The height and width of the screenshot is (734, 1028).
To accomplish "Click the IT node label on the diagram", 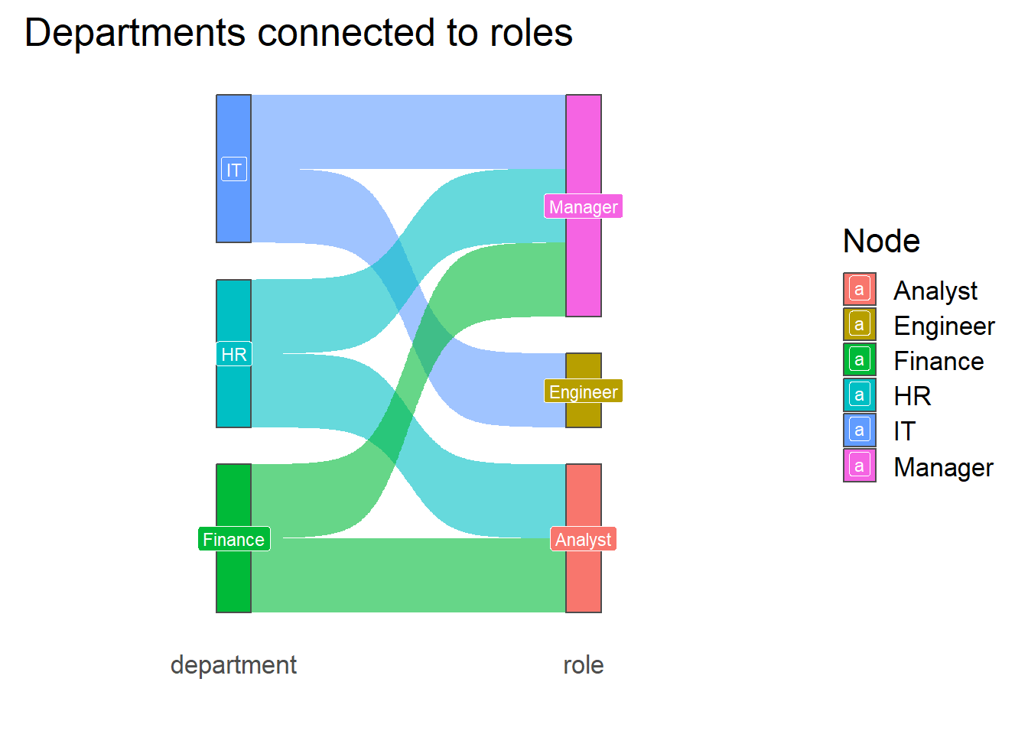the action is pos(234,169).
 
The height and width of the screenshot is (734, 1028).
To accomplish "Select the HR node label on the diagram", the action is pos(234,354).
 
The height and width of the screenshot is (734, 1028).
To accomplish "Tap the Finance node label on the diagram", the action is pos(234,538).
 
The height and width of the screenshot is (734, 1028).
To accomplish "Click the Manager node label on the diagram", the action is pos(584,206).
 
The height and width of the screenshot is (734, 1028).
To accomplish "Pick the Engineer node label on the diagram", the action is pos(584,391).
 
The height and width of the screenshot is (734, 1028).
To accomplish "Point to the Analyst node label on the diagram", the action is pos(584,538).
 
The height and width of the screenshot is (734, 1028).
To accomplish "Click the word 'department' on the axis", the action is pos(233,666).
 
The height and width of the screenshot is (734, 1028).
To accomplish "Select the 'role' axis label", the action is pos(584,666).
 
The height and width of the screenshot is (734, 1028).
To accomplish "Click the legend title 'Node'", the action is pos(881,241).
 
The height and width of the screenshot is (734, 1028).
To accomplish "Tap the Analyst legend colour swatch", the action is pos(860,289).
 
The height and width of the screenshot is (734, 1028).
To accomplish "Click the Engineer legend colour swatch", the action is pos(860,324).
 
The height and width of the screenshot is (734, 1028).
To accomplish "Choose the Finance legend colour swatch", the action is pos(860,359).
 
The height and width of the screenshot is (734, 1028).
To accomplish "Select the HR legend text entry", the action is pos(913,395).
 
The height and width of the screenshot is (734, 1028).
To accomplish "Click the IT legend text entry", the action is pos(905,430).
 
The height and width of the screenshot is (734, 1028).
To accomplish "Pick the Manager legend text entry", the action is pos(944,467).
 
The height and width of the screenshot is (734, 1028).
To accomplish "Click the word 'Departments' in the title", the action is pos(135,34).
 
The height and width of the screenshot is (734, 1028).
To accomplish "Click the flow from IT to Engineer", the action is pos(408,298).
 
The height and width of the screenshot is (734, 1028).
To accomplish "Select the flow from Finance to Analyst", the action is pos(408,575).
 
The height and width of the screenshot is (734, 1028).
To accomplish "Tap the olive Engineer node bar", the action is pos(584,391).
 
